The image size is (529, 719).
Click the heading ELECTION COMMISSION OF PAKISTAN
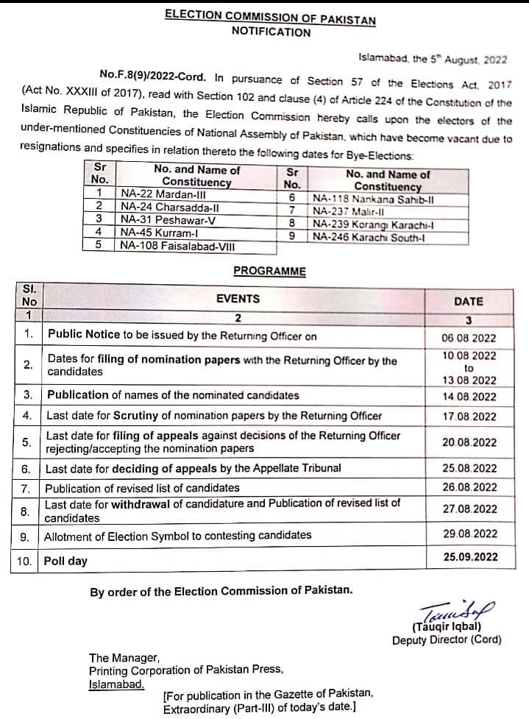[x=270, y=18]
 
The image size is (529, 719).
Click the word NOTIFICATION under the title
[x=271, y=32]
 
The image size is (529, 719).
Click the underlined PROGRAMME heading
[x=269, y=272]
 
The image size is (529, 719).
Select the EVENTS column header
[x=238, y=299]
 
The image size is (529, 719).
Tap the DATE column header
[x=469, y=301]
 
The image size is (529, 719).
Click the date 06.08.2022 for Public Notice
[x=469, y=339]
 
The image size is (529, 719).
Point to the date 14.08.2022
[x=469, y=397]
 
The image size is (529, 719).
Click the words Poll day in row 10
[x=65, y=561]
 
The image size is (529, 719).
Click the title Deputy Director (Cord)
[x=447, y=640]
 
